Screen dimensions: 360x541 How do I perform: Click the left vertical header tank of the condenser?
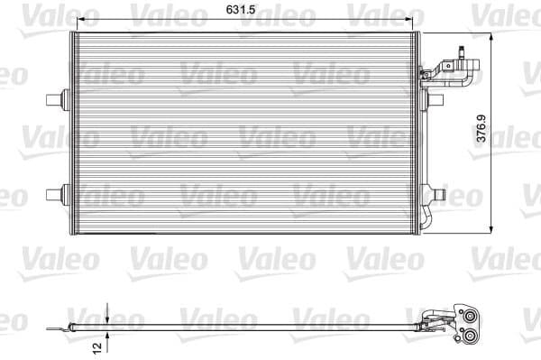click(x=70, y=135)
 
